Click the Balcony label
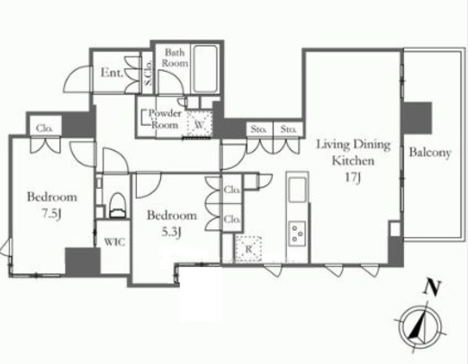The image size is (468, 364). [x=430, y=153]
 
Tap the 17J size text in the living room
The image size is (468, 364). [x=353, y=177]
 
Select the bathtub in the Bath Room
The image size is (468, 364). [x=205, y=69]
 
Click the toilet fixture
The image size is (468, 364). [x=117, y=205]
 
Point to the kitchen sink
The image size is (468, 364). [x=297, y=190]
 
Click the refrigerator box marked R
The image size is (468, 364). [x=247, y=249]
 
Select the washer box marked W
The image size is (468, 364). [x=199, y=124]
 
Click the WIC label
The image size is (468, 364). [x=114, y=242]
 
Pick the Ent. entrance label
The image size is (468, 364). [x=112, y=73]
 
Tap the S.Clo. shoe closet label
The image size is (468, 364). [x=148, y=73]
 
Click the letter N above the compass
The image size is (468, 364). [x=432, y=289]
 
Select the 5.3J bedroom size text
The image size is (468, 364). [x=171, y=232]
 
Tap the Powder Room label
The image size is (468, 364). [x=165, y=119]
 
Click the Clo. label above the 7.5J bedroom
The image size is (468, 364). [x=44, y=129]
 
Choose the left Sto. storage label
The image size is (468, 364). [x=259, y=129]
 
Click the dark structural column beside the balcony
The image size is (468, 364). [x=417, y=118]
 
